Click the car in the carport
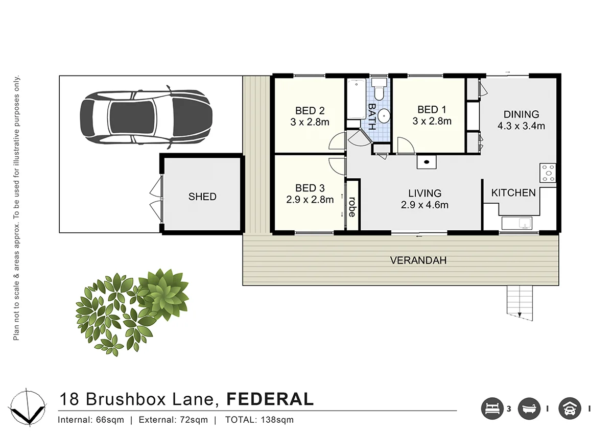(x=146, y=117)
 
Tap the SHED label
(x=202, y=197)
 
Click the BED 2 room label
(x=310, y=111)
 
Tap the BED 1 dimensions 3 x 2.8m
(x=432, y=122)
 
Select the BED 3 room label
(x=310, y=188)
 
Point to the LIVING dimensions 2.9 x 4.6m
(x=425, y=205)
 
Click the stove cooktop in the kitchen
(x=548, y=172)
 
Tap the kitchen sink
(x=516, y=223)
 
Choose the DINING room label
(x=521, y=114)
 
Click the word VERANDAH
(x=418, y=260)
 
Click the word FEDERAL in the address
(x=270, y=399)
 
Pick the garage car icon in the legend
(x=569, y=408)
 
